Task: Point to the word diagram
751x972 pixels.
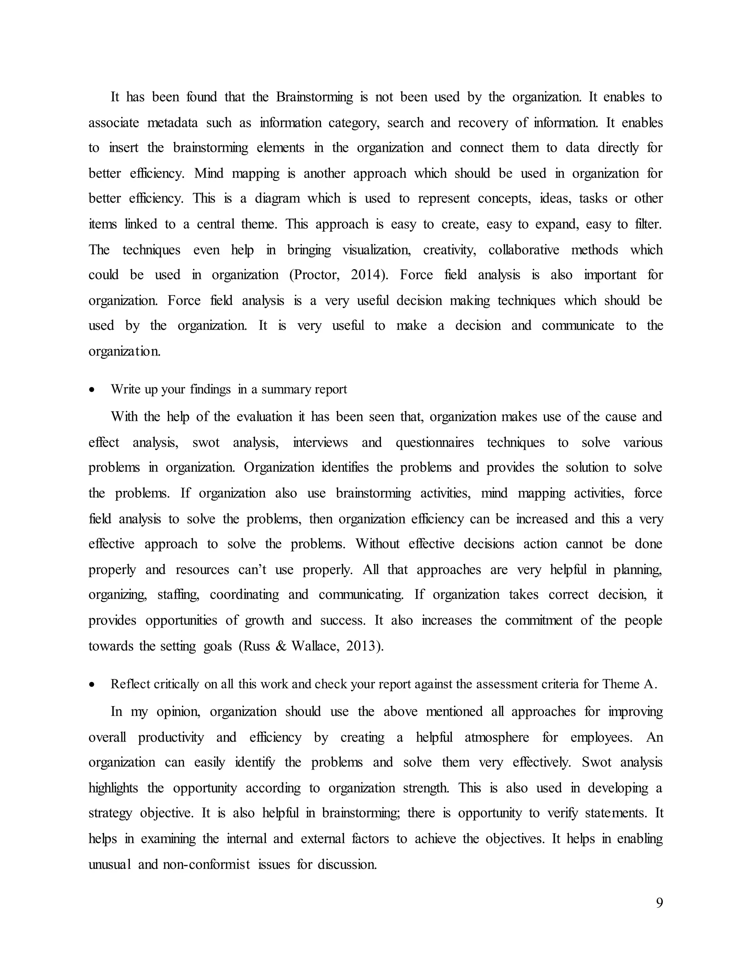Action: [x=277, y=198]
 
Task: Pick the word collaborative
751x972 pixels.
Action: [x=524, y=250]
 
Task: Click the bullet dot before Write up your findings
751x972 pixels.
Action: [x=92, y=390]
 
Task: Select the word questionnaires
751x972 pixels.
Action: [x=435, y=442]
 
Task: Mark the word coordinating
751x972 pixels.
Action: [x=244, y=595]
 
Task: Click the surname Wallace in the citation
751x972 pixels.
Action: [x=316, y=646]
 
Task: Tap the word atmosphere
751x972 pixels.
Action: [x=497, y=738]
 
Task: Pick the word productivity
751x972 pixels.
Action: [x=171, y=738]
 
